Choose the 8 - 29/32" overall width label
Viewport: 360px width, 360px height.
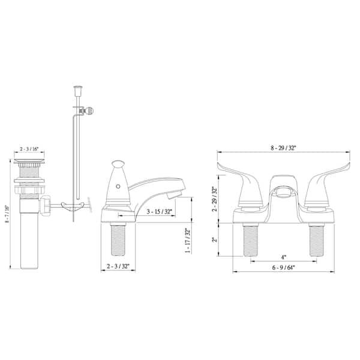click(282, 148)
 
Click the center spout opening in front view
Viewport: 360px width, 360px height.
click(281, 192)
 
